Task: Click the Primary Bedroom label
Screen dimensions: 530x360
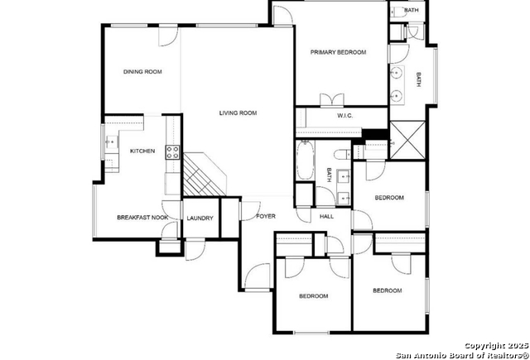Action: click(x=338, y=52)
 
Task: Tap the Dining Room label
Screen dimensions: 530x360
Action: click(x=142, y=72)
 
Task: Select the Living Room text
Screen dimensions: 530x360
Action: click(x=238, y=113)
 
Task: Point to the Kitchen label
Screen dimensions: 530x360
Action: click(x=142, y=151)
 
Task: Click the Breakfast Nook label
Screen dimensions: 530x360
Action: click(x=142, y=218)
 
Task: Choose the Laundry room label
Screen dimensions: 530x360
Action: click(x=200, y=218)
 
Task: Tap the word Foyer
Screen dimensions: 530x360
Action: click(x=266, y=216)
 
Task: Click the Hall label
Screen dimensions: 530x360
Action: click(x=326, y=217)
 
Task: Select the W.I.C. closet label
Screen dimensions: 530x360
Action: click(x=344, y=116)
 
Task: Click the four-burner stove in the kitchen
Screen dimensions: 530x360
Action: click(x=172, y=152)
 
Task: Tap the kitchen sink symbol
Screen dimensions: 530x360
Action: click(x=111, y=142)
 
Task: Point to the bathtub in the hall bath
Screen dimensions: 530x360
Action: click(x=306, y=160)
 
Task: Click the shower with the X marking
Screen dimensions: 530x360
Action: click(x=407, y=140)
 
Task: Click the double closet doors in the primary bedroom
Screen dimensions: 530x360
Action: click(x=332, y=100)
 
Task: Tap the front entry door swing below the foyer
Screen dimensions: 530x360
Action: click(x=258, y=276)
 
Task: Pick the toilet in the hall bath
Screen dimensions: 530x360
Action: click(x=342, y=155)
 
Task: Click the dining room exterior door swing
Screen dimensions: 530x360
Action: click(x=168, y=36)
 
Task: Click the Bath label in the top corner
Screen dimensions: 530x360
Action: click(x=412, y=10)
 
